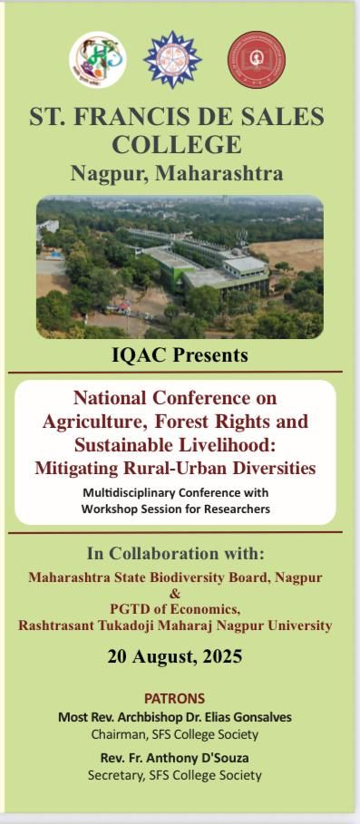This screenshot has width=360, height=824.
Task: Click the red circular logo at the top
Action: (257, 60)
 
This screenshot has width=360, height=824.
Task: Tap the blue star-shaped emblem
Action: (172, 60)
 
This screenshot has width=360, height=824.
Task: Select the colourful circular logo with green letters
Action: (98, 60)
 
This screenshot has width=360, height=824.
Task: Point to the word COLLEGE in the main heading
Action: (177, 144)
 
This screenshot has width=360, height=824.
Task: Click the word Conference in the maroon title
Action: (188, 397)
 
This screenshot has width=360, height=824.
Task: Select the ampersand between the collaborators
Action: (176, 594)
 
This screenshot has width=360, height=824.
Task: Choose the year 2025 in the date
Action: (220, 656)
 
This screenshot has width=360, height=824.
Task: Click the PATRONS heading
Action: (174, 699)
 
